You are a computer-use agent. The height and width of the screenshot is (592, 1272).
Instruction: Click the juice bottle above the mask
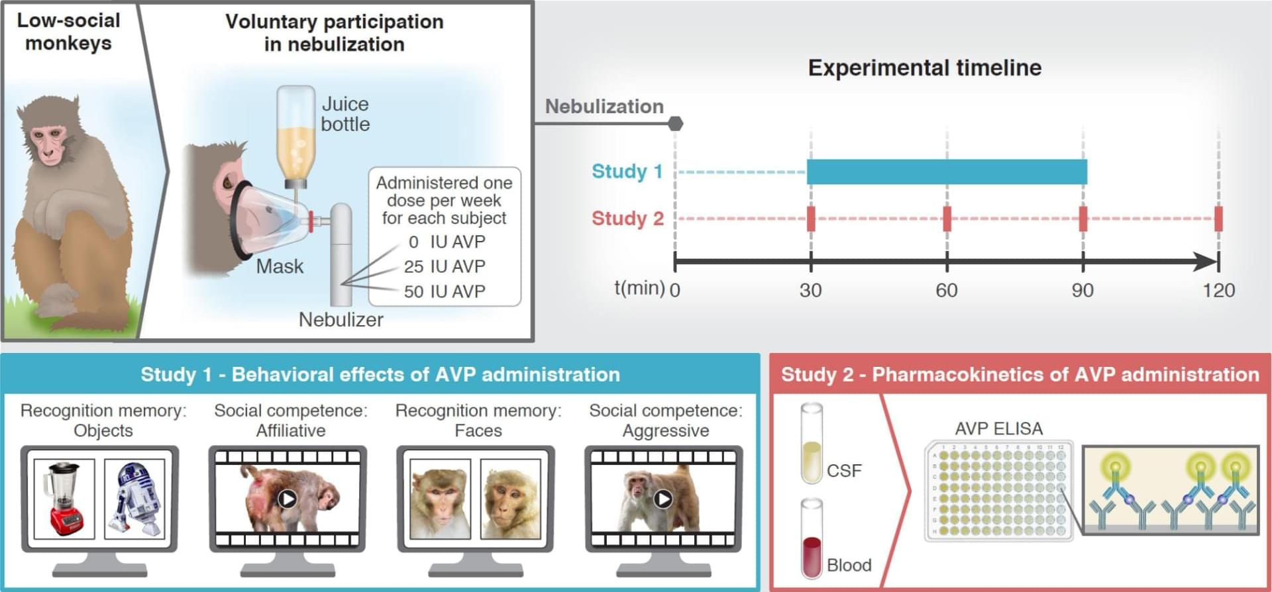[295, 136]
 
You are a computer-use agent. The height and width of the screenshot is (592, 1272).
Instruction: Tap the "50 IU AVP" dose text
[445, 291]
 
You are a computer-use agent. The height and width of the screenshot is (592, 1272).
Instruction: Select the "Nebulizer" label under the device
[341, 320]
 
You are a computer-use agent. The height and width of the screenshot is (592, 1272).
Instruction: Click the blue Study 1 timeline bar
[947, 172]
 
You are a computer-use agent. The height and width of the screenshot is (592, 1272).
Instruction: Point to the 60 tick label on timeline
[946, 291]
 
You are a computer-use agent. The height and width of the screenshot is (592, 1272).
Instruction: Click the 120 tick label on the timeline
[1218, 291]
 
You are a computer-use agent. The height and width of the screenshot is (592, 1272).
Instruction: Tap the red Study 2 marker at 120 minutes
[1218, 219]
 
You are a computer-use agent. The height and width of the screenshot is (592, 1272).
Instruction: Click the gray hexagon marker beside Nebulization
[675, 124]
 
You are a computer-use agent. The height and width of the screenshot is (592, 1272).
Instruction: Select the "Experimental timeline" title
[924, 68]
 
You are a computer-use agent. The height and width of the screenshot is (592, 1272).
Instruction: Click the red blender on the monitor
[64, 499]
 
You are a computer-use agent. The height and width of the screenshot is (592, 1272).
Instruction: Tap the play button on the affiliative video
[287, 498]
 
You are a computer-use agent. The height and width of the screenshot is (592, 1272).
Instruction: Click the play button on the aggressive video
[663, 498]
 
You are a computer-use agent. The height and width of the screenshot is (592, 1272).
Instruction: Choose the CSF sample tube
[812, 444]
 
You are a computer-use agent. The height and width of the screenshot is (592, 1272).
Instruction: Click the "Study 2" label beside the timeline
[627, 219]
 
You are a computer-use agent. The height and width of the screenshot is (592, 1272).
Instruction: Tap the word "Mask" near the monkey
[280, 267]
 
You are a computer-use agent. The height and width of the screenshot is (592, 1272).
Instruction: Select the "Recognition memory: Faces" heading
[478, 420]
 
